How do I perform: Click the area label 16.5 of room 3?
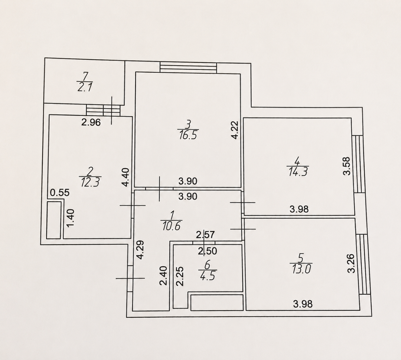pyautogui.click(x=188, y=135)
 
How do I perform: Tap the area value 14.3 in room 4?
pyautogui.click(x=298, y=172)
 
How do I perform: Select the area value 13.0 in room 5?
pyautogui.click(x=301, y=269)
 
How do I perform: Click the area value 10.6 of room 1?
pyautogui.click(x=171, y=226)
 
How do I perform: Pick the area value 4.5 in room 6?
pyautogui.click(x=208, y=276)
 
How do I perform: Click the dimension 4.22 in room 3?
pyautogui.click(x=235, y=130)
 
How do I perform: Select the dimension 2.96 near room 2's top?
pyautogui.click(x=91, y=123)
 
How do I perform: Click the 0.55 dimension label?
pyautogui.click(x=59, y=192)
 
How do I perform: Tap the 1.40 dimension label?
pyautogui.click(x=70, y=218)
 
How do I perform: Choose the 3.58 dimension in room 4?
pyautogui.click(x=346, y=166)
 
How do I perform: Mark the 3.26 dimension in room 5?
pyautogui.click(x=352, y=264)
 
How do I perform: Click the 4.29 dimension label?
pyautogui.click(x=140, y=250)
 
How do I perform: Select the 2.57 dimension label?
pyautogui.click(x=205, y=235)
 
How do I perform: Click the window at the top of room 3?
pyautogui.click(x=189, y=68)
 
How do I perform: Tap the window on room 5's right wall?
pyautogui.click(x=365, y=264)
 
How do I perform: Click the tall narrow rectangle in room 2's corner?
pyautogui.click(x=54, y=220)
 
